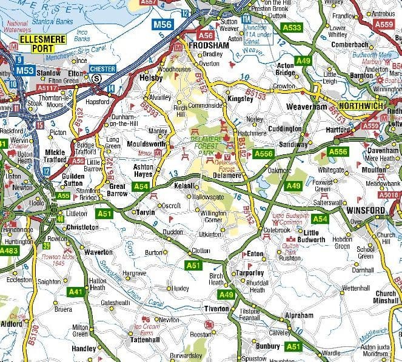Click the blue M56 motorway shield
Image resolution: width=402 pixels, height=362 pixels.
[x=162, y=25]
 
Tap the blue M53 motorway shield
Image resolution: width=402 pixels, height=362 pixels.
[x=24, y=70]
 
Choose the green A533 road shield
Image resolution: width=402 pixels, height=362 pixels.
[x=292, y=28]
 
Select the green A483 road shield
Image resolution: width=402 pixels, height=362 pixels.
[x=9, y=250]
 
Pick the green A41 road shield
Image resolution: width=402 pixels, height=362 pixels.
[x=76, y=292]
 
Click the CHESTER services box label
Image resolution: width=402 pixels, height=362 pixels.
[x=102, y=68]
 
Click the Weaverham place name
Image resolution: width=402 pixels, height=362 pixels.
[x=310, y=107]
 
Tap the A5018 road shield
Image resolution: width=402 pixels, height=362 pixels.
[x=389, y=195]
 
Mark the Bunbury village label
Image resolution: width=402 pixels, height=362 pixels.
[x=267, y=346]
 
